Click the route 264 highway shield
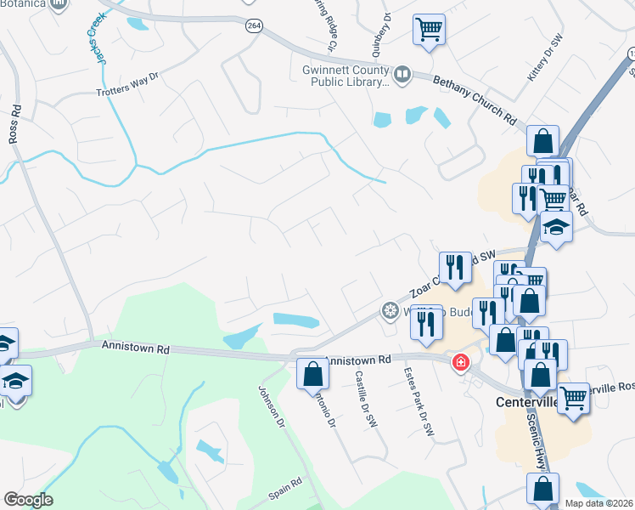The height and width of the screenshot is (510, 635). pyautogui.click(x=254, y=26)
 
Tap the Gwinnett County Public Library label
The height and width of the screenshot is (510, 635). pyautogui.click(x=344, y=76)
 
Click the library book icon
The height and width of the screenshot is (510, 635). pyautogui.click(x=402, y=75)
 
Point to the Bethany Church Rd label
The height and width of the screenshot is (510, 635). pyautogui.click(x=476, y=99)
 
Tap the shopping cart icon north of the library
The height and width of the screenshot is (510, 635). pyautogui.click(x=429, y=30)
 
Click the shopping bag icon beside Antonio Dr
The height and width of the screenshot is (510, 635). pyautogui.click(x=312, y=372)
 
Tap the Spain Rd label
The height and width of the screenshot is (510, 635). pyautogui.click(x=285, y=484)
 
